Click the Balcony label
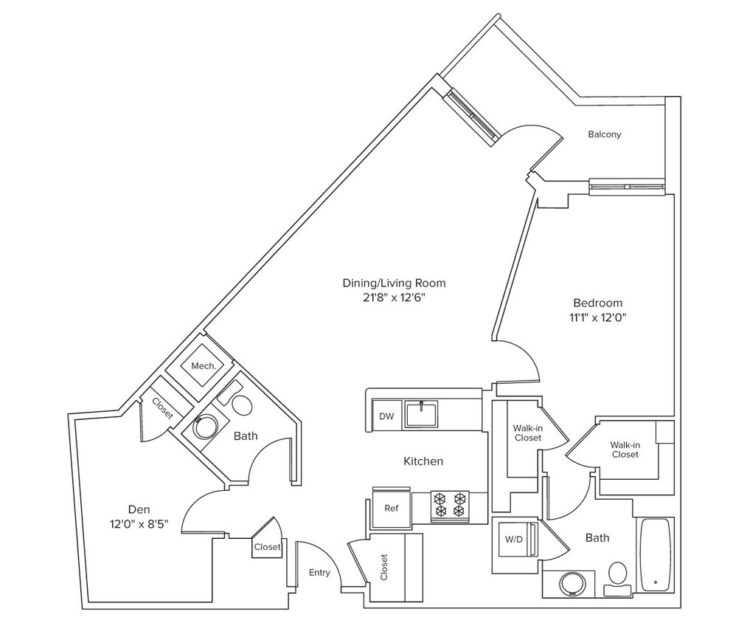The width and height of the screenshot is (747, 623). pos(604,134)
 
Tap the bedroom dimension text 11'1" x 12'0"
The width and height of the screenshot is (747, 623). pos(597,318)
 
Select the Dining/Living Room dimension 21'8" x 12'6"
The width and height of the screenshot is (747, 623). pos(394,297)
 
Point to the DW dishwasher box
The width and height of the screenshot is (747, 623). pos(386,416)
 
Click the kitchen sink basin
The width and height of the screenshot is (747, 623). pos(421,413)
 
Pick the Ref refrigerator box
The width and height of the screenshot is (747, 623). pos(392,509)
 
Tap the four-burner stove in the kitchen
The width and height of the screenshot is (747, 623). pos(451,504)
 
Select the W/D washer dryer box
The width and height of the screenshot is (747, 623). pos(513,540)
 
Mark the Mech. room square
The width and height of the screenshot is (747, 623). pos(203,366)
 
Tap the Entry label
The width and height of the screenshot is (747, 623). pos(319,573)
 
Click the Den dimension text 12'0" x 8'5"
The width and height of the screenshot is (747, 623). pos(138,525)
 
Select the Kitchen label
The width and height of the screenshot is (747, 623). pos(423,461)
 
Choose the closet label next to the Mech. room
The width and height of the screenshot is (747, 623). pos(161,408)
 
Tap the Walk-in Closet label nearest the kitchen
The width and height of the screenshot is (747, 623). pos(527,433)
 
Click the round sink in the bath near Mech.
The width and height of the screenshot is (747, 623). pos(204,427)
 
